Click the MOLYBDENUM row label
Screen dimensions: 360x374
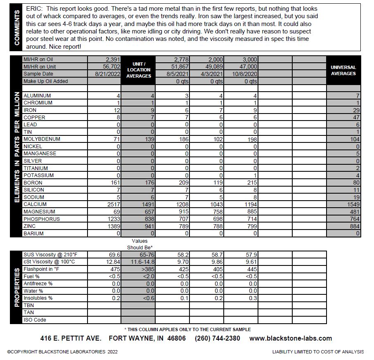point(42,139)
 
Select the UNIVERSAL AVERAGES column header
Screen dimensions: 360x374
point(343,70)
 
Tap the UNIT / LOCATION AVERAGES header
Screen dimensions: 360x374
point(138,70)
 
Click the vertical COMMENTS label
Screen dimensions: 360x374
point(17,27)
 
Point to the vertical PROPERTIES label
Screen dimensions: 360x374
point(17,287)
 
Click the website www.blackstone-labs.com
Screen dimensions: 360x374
point(290,338)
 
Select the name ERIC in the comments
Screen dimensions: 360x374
point(34,9)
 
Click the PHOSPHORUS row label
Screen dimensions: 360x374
point(41,219)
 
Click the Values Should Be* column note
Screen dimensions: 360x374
point(139,244)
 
